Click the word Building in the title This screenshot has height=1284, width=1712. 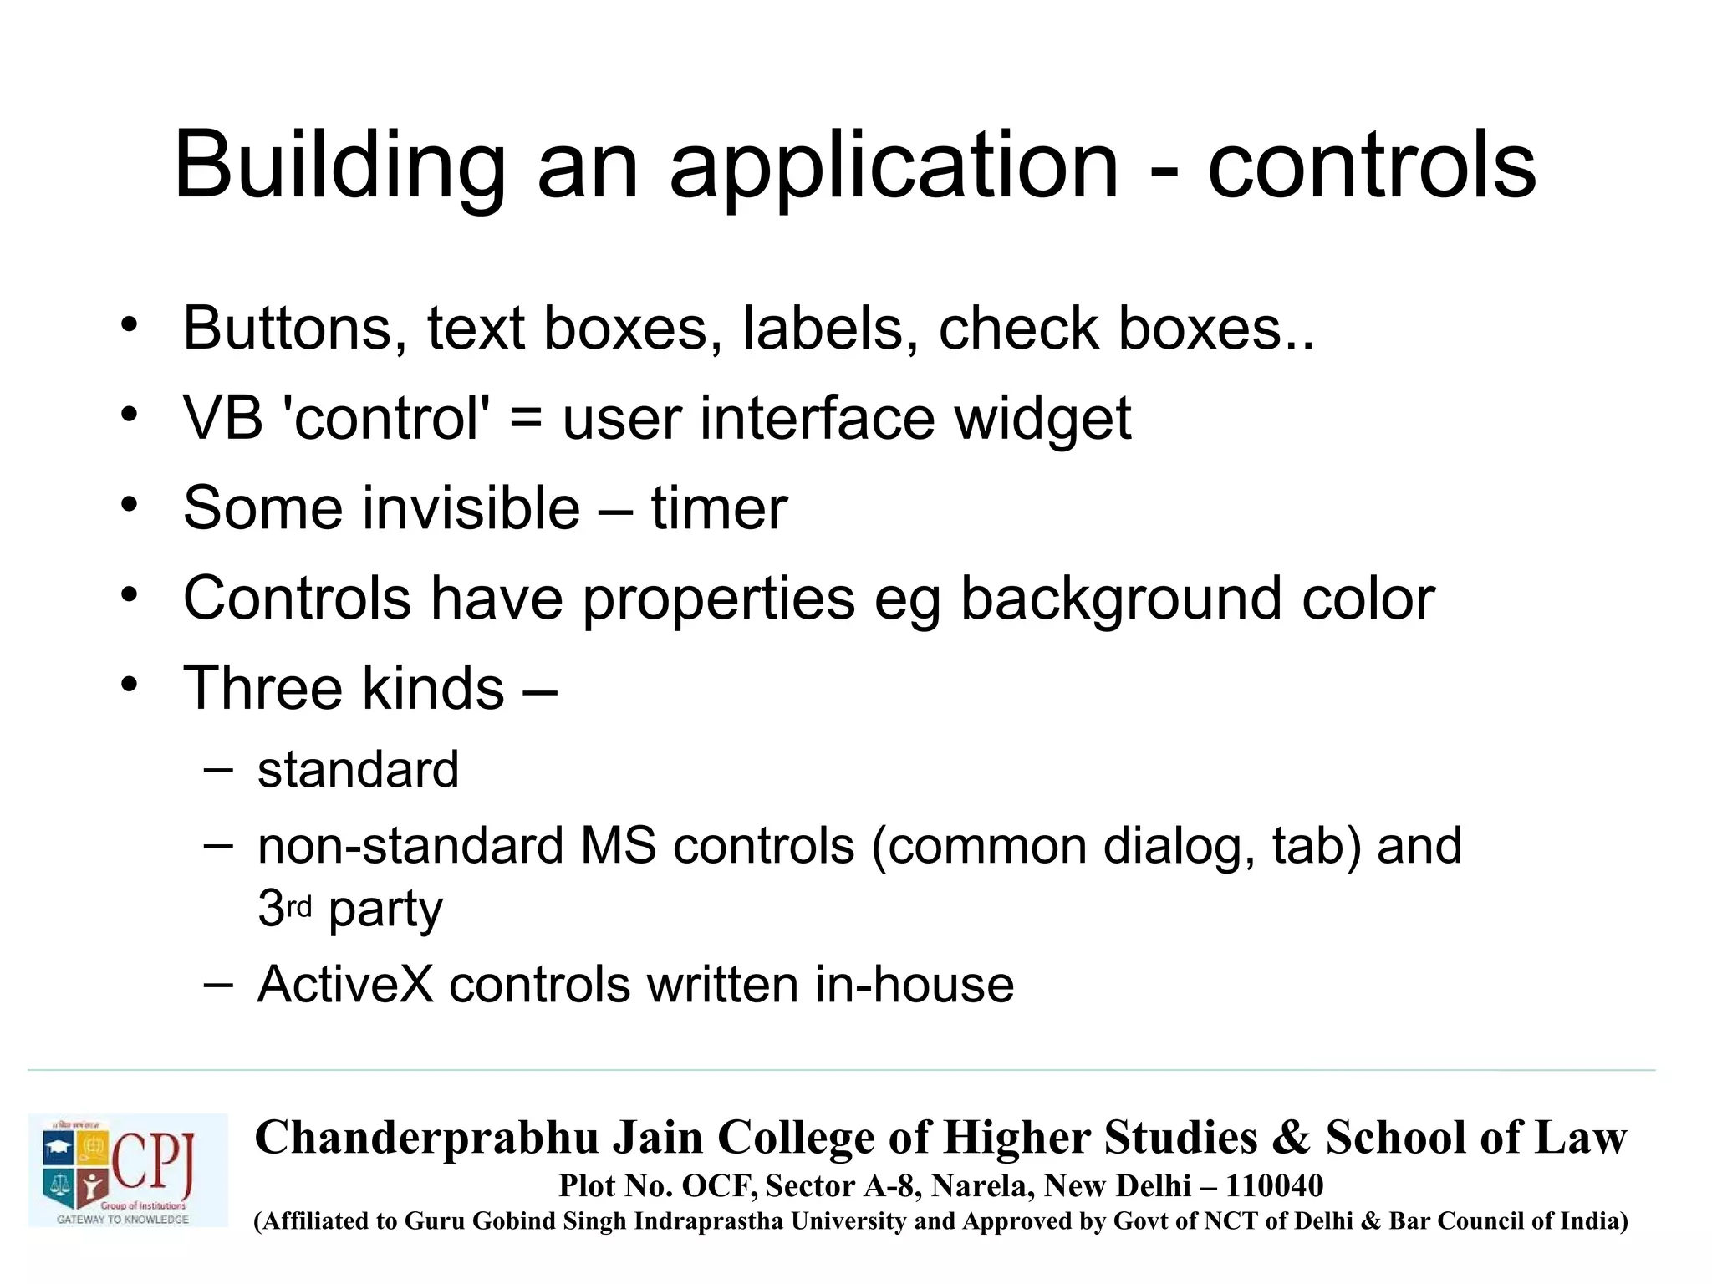tap(339, 167)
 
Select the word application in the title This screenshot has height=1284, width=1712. tap(893, 167)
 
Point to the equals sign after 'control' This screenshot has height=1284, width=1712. tap(526, 418)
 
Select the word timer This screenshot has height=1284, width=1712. tap(719, 508)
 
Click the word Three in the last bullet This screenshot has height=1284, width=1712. tap(262, 688)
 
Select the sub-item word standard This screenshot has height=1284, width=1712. tap(358, 770)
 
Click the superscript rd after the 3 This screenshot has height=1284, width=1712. tap(299, 906)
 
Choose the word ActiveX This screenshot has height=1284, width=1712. tap(345, 985)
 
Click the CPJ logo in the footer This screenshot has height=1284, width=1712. tap(128, 1169)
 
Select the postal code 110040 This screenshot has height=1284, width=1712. tap(1274, 1186)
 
